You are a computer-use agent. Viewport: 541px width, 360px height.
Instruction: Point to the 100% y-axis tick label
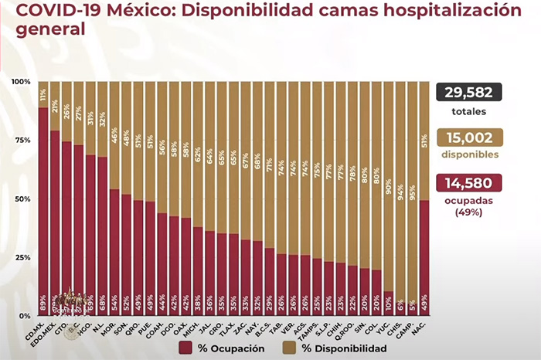(x=21, y=82)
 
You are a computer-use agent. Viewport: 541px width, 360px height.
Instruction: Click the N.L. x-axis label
(x=100, y=327)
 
